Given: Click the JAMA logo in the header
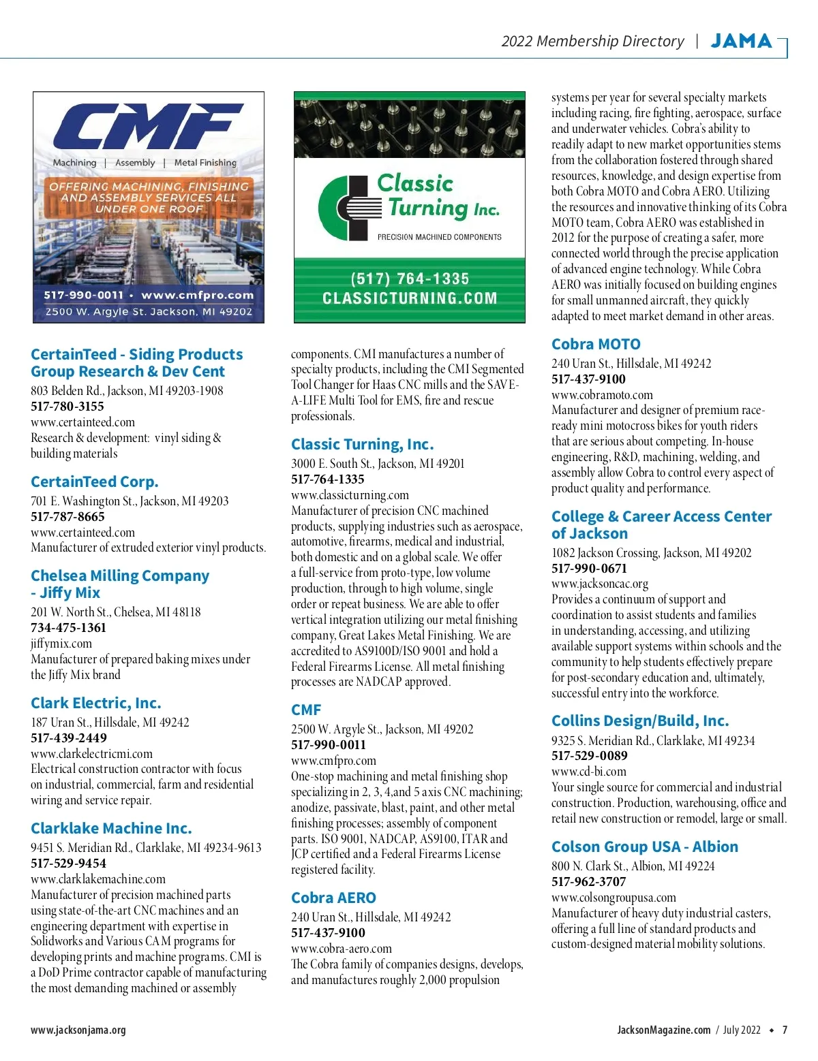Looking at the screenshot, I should tap(741, 41).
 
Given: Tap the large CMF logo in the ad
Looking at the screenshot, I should tap(148, 127).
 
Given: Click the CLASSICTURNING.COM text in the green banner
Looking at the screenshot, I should tap(410, 298).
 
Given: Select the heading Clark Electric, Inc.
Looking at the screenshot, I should tap(96, 703).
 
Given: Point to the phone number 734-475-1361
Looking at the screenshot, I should tap(68, 627).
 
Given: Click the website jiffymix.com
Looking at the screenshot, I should tap(61, 643).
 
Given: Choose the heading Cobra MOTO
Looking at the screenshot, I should tap(596, 344).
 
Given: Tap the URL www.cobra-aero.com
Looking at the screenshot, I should tap(342, 948).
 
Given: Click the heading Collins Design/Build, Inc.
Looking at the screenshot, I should tap(640, 720).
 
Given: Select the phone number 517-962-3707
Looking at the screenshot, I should tap(589, 881).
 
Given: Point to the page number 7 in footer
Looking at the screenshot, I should tap(785, 1030).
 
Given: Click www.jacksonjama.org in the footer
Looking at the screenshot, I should tap(78, 1030).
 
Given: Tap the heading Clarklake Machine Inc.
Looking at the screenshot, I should tap(111, 828).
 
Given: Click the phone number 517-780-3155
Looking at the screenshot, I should tap(67, 406).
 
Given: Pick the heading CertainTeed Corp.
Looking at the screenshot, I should tap(95, 481).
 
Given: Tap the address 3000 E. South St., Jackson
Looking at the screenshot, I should tap(378, 463).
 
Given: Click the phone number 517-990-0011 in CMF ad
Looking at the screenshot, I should tap(83, 295).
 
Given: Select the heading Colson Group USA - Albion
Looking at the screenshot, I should tap(645, 846).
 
